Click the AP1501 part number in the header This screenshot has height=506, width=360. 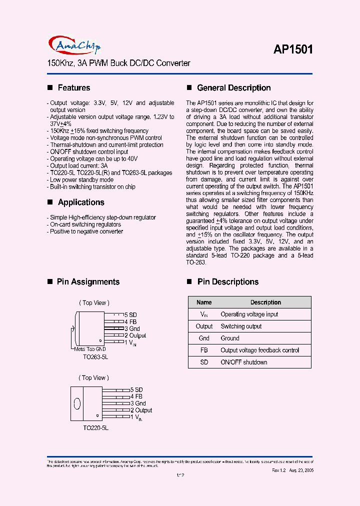coord(293,49)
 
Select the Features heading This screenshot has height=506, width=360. coord(74,88)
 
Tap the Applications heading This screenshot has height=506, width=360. coord(81,202)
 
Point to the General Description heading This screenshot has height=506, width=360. coord(233,88)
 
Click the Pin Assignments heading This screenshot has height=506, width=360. coord(88,282)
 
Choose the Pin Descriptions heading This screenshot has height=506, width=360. coord(227,282)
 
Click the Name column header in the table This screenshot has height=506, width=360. coord(204,302)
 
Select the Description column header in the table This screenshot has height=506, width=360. coord(265,302)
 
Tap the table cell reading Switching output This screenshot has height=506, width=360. coord(241,326)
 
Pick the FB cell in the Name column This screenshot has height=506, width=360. coord(204,350)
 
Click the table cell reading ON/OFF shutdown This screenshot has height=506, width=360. coord(243,362)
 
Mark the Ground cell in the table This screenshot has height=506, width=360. coord(230,338)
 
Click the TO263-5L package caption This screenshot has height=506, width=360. coord(95,357)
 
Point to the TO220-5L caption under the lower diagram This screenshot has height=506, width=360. coord(95,428)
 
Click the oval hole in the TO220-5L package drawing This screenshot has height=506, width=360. coord(77,403)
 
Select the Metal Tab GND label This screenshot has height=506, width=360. coord(90,349)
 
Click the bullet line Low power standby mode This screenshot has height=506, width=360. coord(81,180)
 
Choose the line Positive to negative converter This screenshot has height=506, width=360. coord(86,231)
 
